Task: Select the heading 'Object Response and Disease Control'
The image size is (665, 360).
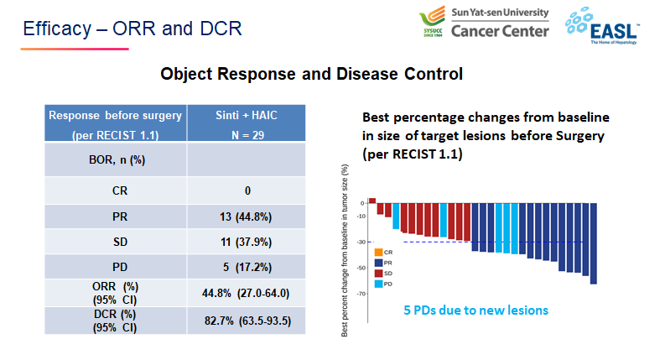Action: (311, 75)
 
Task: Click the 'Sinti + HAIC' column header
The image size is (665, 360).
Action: (247, 123)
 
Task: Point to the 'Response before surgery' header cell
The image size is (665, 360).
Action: (115, 123)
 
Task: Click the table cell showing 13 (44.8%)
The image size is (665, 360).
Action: (247, 217)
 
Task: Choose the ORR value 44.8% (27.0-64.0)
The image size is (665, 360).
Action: (247, 294)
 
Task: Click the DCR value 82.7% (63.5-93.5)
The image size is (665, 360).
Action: (247, 321)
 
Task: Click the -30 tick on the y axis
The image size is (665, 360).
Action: (360, 243)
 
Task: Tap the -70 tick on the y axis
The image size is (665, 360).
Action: (360, 294)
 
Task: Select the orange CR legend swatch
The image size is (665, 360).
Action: (378, 252)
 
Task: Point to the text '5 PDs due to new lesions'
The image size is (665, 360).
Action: (475, 310)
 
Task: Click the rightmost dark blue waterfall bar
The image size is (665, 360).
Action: (594, 243)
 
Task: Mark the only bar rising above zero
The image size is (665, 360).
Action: (372, 201)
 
